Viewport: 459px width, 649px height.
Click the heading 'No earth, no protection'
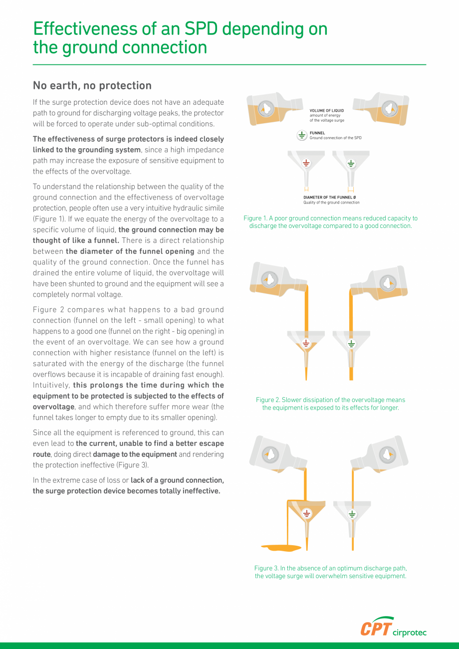point(92,86)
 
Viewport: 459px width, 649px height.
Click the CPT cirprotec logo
point(393,627)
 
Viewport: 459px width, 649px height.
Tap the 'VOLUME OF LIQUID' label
point(326,111)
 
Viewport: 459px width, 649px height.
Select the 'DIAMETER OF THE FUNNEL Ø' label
point(329,198)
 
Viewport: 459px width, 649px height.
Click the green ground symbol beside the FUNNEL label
point(302,135)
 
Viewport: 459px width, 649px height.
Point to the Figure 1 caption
point(330,222)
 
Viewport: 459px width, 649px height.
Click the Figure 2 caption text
point(330,404)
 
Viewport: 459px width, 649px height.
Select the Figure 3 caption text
point(330,572)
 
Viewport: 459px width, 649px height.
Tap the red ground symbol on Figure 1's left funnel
point(306,163)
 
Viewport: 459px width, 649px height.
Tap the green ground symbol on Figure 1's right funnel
point(351,163)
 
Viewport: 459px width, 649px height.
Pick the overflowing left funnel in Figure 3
point(306,514)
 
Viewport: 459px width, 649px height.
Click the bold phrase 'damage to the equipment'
point(135,454)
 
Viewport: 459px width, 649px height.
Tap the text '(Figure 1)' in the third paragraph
point(50,219)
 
